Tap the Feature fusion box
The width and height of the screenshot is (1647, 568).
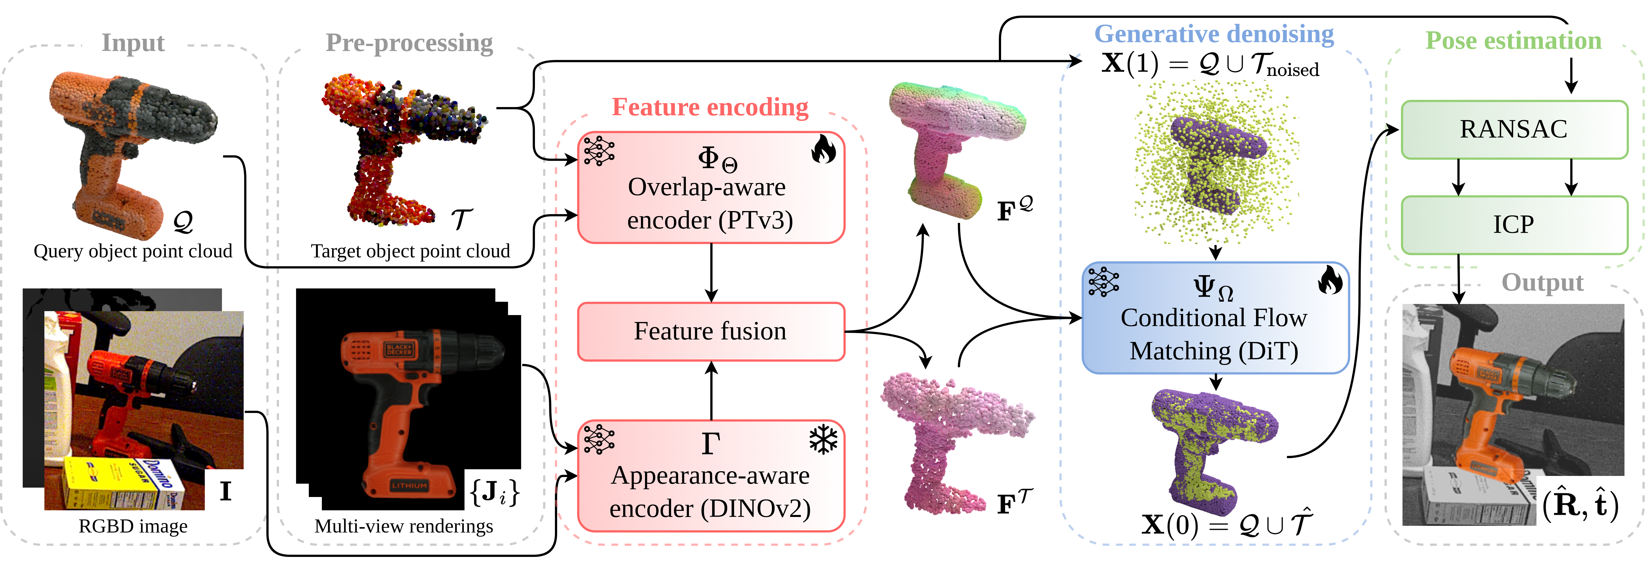[710, 331]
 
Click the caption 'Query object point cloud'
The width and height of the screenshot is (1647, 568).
[133, 251]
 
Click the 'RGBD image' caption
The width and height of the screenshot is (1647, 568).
[133, 526]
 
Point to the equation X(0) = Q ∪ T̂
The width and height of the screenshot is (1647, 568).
[1226, 524]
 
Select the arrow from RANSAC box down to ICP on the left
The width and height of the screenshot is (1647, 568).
[1458, 177]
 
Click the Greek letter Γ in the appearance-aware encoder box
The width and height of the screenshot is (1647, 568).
[710, 443]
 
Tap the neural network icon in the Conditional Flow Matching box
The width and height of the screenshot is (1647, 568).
[1103, 282]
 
